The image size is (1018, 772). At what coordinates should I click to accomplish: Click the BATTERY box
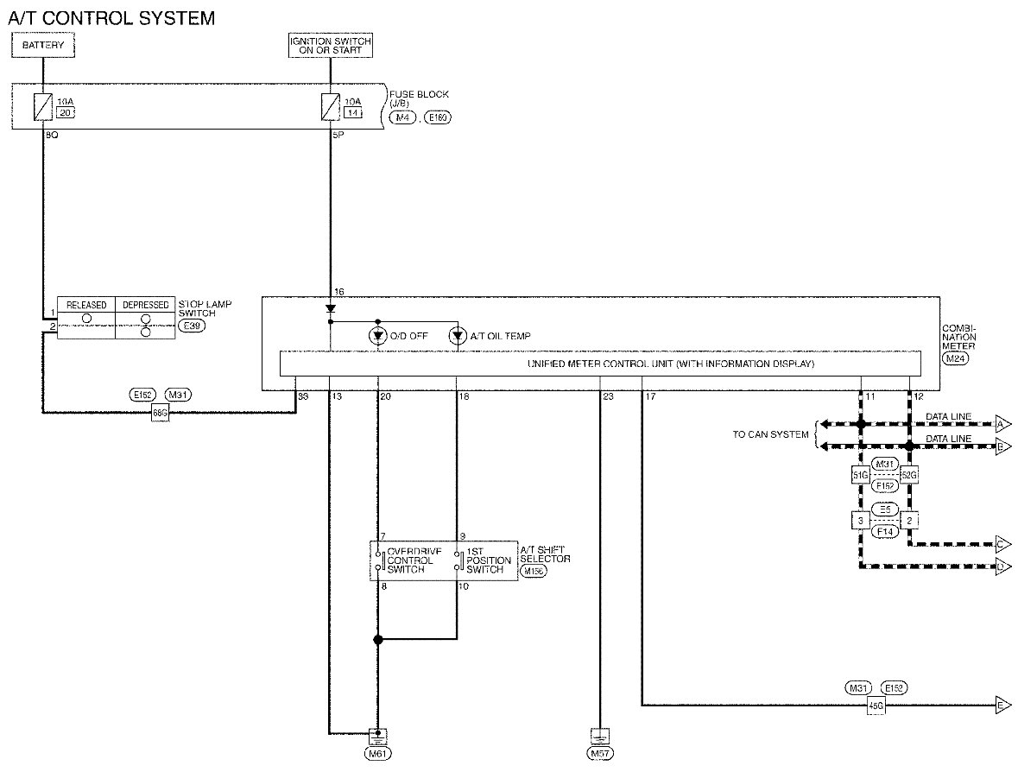point(43,45)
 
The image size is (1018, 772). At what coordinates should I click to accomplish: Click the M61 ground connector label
point(377,754)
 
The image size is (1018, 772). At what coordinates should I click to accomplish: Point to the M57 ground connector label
point(599,754)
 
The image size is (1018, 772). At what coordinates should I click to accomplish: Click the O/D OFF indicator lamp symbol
point(377,335)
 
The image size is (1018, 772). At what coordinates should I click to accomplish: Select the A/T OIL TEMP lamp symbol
point(458,335)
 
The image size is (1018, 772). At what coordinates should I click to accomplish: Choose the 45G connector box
point(876,705)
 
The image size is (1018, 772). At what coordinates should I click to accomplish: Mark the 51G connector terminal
point(860,474)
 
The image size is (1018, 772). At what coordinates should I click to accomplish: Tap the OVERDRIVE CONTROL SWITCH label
point(410,560)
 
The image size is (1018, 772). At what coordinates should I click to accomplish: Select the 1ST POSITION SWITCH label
point(490,560)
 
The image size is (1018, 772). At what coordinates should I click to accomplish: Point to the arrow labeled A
point(1003,424)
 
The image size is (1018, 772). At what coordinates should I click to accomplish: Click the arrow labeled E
point(1003,705)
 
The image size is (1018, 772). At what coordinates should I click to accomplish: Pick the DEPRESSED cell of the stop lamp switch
point(145,305)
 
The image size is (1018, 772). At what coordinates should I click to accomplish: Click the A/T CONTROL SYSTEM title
point(111,16)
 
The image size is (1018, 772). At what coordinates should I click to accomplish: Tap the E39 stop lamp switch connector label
point(192,326)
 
